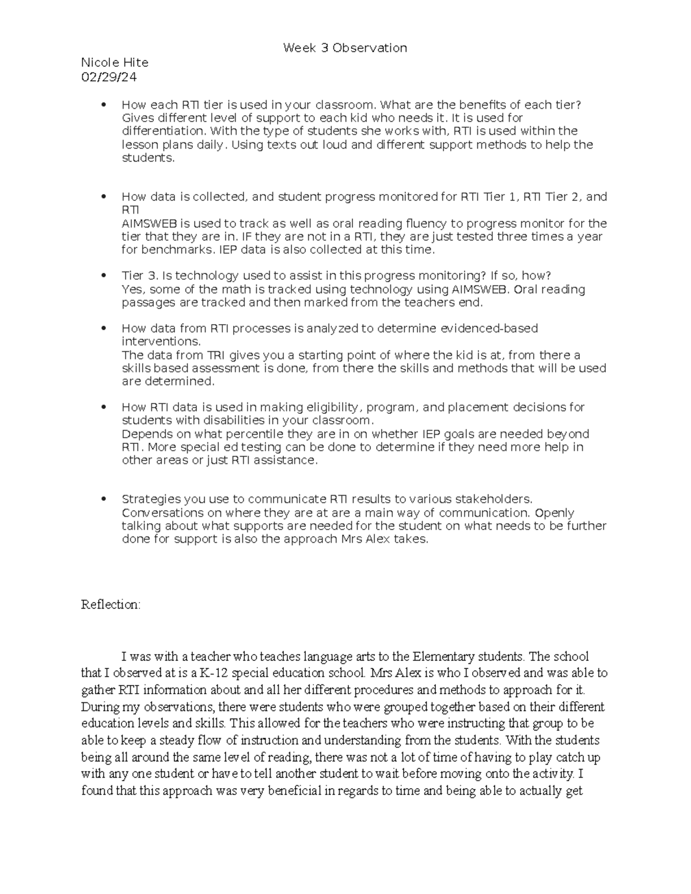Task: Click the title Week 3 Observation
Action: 345,48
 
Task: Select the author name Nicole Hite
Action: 115,62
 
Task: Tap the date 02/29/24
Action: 109,77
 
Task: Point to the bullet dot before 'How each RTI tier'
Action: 104,105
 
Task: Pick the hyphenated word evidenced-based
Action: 489,329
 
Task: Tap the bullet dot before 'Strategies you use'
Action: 104,499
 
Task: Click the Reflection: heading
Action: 111,605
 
